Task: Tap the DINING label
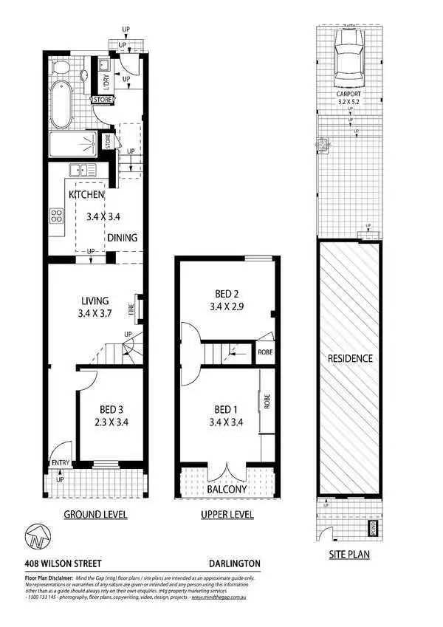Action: tap(122, 238)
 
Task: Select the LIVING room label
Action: tap(95, 301)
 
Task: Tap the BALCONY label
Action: tap(227, 489)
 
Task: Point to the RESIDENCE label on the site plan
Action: tap(351, 358)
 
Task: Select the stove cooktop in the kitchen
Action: tap(55, 216)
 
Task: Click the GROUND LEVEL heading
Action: tap(95, 514)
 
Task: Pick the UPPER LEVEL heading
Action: tap(227, 514)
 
